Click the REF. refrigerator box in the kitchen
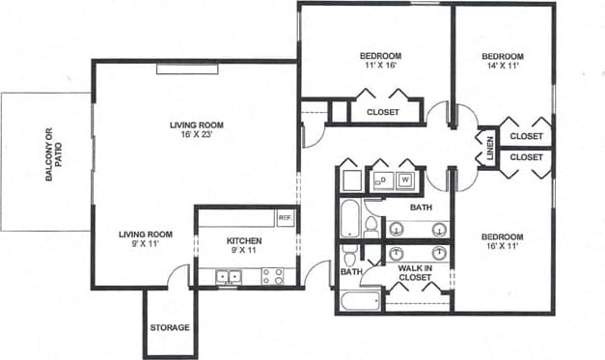coord(285,218)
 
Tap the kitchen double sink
coord(229,276)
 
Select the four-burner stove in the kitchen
coord(273,276)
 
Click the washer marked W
coord(405,179)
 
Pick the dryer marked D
coord(380,179)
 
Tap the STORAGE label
coord(169,327)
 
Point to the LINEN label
coord(490,148)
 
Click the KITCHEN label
coord(244,240)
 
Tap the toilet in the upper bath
coord(371,227)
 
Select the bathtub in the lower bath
coord(359,300)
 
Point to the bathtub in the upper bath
coord(349,219)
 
